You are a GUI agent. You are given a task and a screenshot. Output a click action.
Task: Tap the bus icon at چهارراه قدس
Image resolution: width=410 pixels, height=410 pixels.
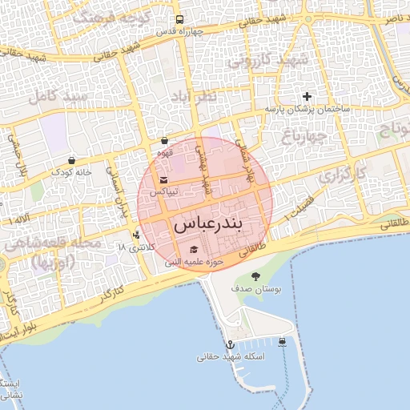pos(179,20)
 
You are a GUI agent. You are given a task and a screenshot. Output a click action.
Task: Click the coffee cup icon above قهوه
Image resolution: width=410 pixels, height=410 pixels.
pos(165,141)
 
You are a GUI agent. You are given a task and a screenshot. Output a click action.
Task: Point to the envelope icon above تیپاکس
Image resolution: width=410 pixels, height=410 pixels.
pos(164,180)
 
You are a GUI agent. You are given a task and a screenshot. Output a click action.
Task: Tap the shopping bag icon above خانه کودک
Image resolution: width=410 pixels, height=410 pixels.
pos(72,160)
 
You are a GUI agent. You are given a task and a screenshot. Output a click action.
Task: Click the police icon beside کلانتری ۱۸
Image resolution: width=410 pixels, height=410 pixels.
pos(137,235)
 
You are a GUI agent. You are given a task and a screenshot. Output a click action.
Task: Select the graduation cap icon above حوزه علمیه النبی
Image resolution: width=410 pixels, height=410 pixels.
pos(193,249)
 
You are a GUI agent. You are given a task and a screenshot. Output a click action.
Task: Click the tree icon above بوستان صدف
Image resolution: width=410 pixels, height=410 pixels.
pos(255,276)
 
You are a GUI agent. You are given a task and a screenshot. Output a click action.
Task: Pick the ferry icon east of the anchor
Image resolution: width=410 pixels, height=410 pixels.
pos(283,342)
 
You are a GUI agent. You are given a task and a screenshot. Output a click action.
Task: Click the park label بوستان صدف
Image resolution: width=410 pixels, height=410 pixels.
pos(253,287)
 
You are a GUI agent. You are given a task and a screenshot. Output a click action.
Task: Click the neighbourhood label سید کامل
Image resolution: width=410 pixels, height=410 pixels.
pos(54,97)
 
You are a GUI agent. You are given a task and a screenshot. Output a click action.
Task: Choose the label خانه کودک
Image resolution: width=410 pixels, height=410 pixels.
pos(72,171)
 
